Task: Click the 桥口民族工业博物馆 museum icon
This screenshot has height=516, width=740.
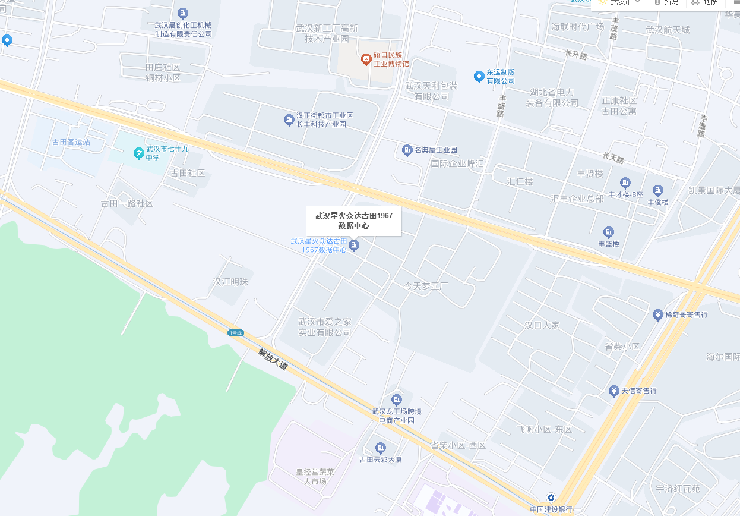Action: [x=366, y=58]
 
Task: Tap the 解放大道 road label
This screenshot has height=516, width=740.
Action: [x=273, y=359]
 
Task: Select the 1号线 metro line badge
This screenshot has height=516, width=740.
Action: [x=236, y=333]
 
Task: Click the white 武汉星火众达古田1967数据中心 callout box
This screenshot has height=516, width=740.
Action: [x=354, y=221]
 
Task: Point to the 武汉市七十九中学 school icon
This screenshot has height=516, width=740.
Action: [x=138, y=153]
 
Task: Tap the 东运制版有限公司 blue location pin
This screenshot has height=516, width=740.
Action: [x=479, y=76]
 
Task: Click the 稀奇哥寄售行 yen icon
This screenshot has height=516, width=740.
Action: [x=657, y=314]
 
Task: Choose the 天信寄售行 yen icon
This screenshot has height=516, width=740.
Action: [x=613, y=391]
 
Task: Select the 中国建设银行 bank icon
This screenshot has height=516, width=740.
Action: [x=551, y=498]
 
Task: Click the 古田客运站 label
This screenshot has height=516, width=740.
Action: [x=71, y=142]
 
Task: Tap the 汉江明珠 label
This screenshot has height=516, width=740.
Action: [x=230, y=282]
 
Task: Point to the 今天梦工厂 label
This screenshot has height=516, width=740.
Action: [x=426, y=286]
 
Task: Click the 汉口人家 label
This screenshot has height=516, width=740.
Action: [x=542, y=325]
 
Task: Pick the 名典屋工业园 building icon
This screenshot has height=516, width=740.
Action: [x=407, y=150]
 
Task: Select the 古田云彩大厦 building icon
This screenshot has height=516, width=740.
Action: [x=381, y=448]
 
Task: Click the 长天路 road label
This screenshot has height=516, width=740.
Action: [x=613, y=159]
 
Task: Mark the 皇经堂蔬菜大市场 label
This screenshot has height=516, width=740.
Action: [x=315, y=476]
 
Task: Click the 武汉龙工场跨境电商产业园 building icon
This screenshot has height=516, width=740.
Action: [x=396, y=399]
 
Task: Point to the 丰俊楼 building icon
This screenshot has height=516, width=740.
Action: [x=657, y=190]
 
